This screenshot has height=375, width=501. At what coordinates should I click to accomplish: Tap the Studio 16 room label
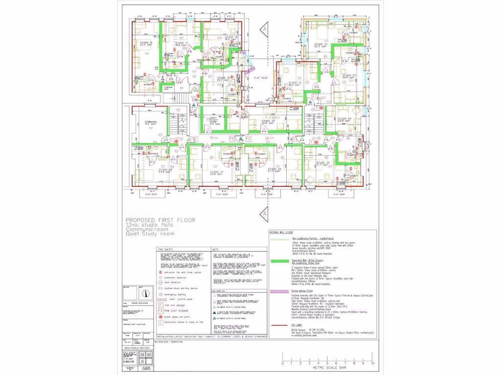point(145,43)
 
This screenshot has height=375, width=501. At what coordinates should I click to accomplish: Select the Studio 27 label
point(216,172)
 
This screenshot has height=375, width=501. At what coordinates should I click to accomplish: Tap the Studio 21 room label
point(295,83)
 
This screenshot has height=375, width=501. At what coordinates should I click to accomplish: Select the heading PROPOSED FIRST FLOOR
point(160,220)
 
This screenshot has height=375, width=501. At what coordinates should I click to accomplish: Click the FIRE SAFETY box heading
point(166,249)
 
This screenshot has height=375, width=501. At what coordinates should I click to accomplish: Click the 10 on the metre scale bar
point(373,364)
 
